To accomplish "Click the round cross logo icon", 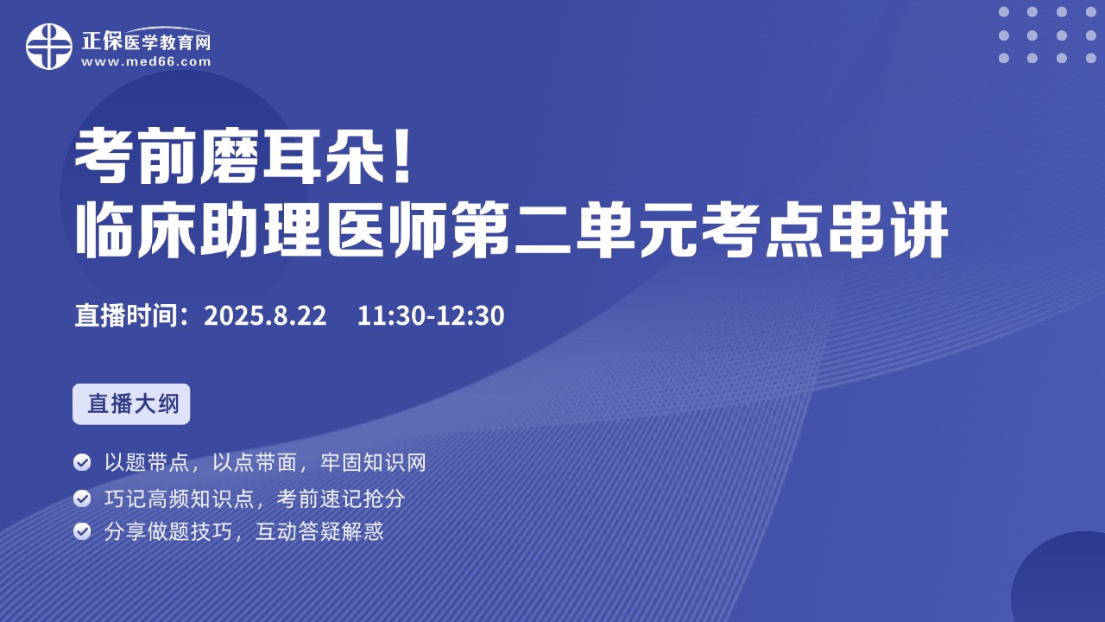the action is [49, 47].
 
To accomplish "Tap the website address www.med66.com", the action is [146, 61].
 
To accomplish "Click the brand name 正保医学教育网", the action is [146, 41].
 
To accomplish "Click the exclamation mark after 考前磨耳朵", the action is [403, 155].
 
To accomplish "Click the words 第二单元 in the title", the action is [574, 230].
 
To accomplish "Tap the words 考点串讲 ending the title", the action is [824, 230].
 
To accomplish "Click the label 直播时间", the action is [126, 315].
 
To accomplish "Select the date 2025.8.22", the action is [265, 315].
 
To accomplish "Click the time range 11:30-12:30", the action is [431, 315].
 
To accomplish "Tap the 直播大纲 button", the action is [131, 403].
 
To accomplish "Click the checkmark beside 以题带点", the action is [82, 462].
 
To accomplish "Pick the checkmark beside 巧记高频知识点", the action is [82, 498].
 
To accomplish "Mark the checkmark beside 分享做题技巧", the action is [82, 531].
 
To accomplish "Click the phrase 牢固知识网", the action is [374, 463].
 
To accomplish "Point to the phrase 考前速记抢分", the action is [341, 499].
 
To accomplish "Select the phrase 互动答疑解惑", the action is [319, 531].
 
